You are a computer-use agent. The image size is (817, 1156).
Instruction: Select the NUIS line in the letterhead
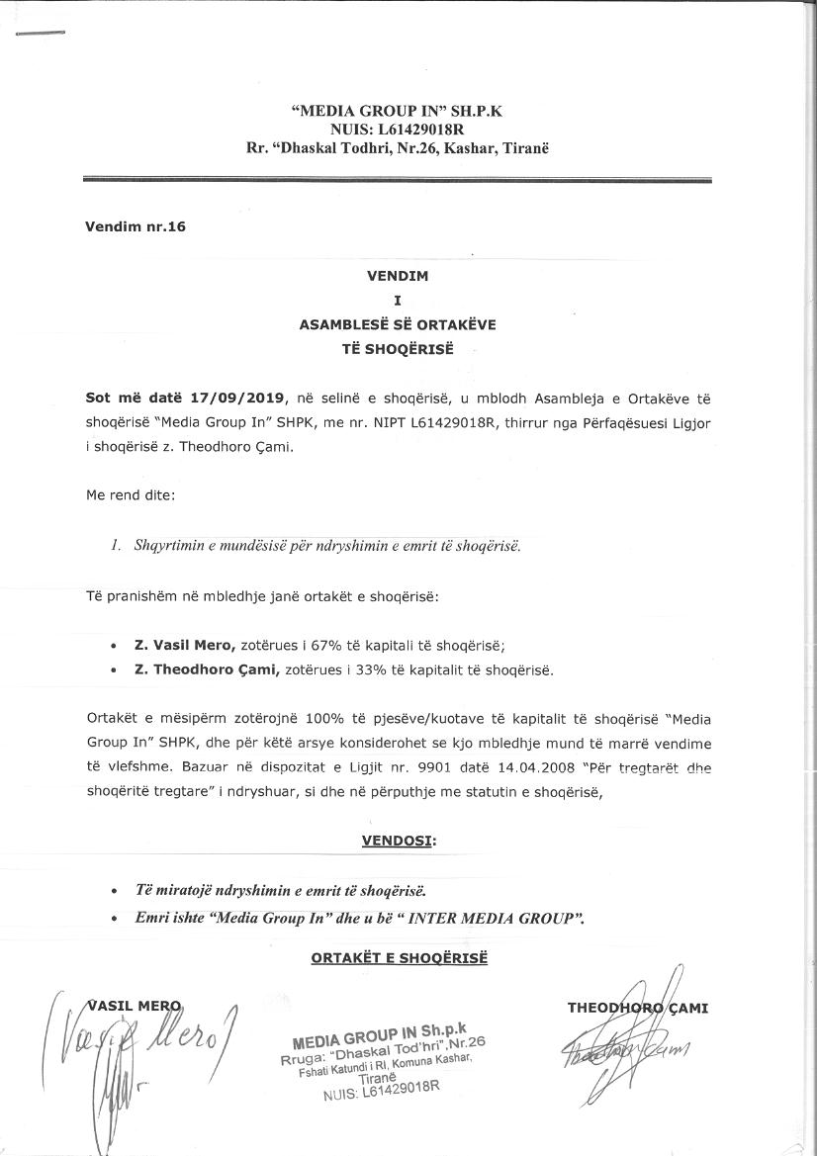397,130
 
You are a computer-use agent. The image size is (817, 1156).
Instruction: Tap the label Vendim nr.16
136,226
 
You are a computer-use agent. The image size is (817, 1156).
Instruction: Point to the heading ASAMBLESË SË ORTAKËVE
397,322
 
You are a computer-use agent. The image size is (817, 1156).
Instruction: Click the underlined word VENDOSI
398,840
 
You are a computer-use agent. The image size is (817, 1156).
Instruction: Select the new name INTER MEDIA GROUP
495,918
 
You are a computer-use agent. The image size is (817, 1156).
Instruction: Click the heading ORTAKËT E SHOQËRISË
399,958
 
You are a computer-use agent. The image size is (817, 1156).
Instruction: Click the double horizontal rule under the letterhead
397,180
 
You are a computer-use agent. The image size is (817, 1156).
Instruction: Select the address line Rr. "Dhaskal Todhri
397,147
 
